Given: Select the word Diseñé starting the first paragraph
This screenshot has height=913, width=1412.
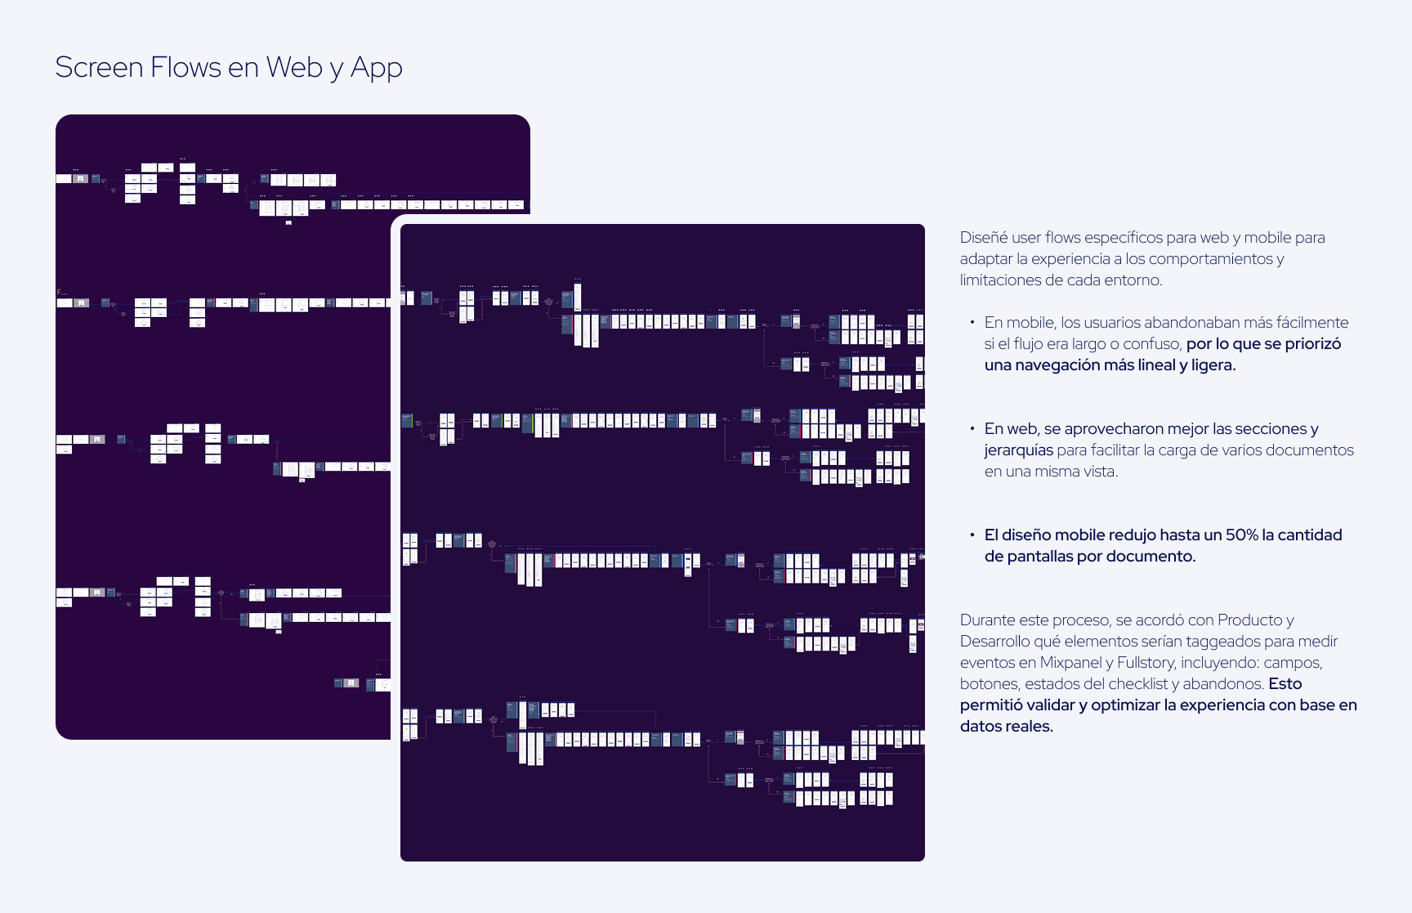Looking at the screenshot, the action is point(984,238).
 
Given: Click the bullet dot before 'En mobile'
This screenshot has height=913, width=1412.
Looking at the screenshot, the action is point(972,322).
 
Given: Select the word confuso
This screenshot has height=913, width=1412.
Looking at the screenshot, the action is point(1152,344).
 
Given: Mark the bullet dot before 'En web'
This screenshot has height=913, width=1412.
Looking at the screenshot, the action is point(972,428).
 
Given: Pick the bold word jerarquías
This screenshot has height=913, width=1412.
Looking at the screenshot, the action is point(1018,450).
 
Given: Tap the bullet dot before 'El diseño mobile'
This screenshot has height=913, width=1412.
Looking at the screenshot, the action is point(972,535).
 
